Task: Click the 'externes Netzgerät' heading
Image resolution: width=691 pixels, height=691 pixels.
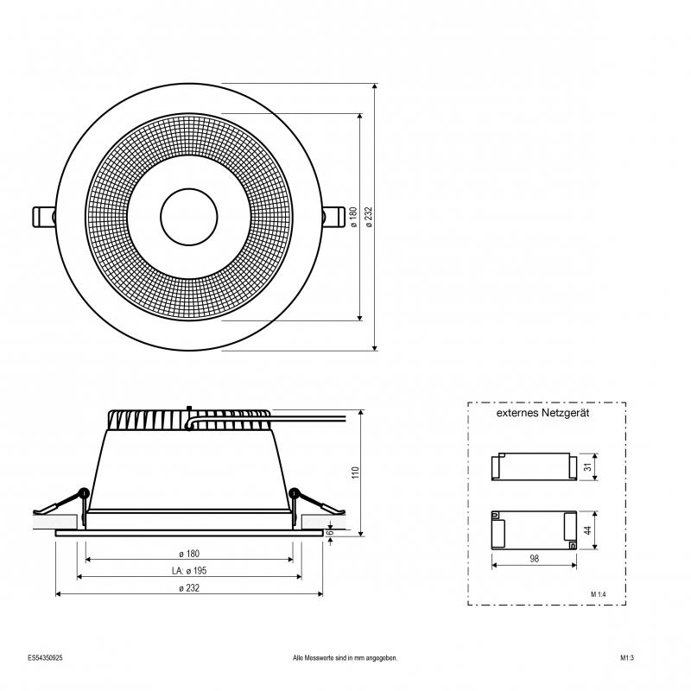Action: coord(542,413)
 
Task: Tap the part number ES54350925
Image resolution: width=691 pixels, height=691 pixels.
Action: coord(45,658)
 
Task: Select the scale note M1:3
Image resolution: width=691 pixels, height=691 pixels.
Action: coord(627,658)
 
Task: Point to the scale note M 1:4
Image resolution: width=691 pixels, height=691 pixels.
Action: coord(599,594)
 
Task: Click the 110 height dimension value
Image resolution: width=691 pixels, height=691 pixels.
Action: coord(356,472)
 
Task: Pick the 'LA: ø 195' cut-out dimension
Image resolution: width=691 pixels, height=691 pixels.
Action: coord(189,571)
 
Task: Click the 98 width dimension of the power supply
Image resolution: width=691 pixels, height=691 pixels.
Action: coord(534,559)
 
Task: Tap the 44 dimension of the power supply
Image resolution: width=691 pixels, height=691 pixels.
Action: coord(588,530)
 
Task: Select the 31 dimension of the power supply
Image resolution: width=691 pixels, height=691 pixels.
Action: coord(588,466)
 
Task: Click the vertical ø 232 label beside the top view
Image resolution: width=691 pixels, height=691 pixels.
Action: coord(370,217)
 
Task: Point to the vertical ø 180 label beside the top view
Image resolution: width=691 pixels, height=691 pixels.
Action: coord(353,217)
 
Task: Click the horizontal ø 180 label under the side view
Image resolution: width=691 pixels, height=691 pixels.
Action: coord(189,554)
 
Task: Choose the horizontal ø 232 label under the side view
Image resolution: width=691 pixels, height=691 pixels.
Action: coord(189,588)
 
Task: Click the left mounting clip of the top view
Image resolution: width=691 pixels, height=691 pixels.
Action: coord(45,217)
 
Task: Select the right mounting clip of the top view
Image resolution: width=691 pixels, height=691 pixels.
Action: coord(333,217)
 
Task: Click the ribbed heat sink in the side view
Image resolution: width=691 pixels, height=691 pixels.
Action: coord(189,420)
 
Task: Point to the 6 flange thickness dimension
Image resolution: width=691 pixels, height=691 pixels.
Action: coord(331,532)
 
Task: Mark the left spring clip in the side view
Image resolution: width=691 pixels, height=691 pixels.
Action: coord(61,504)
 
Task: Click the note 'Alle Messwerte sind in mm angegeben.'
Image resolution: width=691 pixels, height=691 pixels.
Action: coord(345,658)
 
